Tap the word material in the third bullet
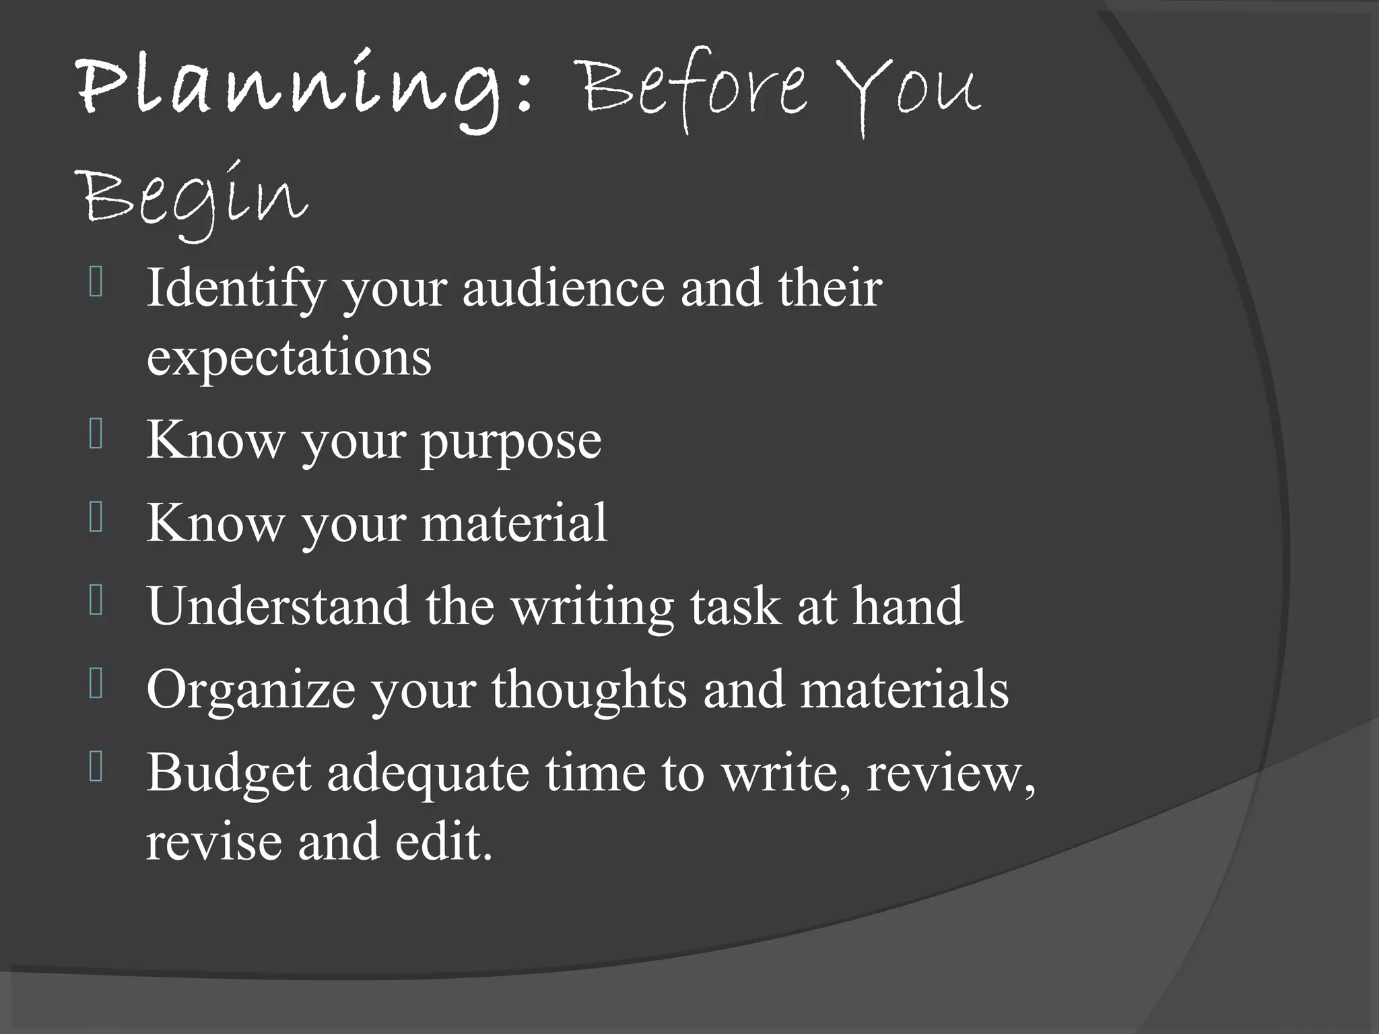[x=514, y=523]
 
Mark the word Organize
[x=251, y=691]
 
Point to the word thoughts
[x=589, y=691]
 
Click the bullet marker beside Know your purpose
[x=96, y=434]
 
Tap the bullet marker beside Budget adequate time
[x=96, y=767]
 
